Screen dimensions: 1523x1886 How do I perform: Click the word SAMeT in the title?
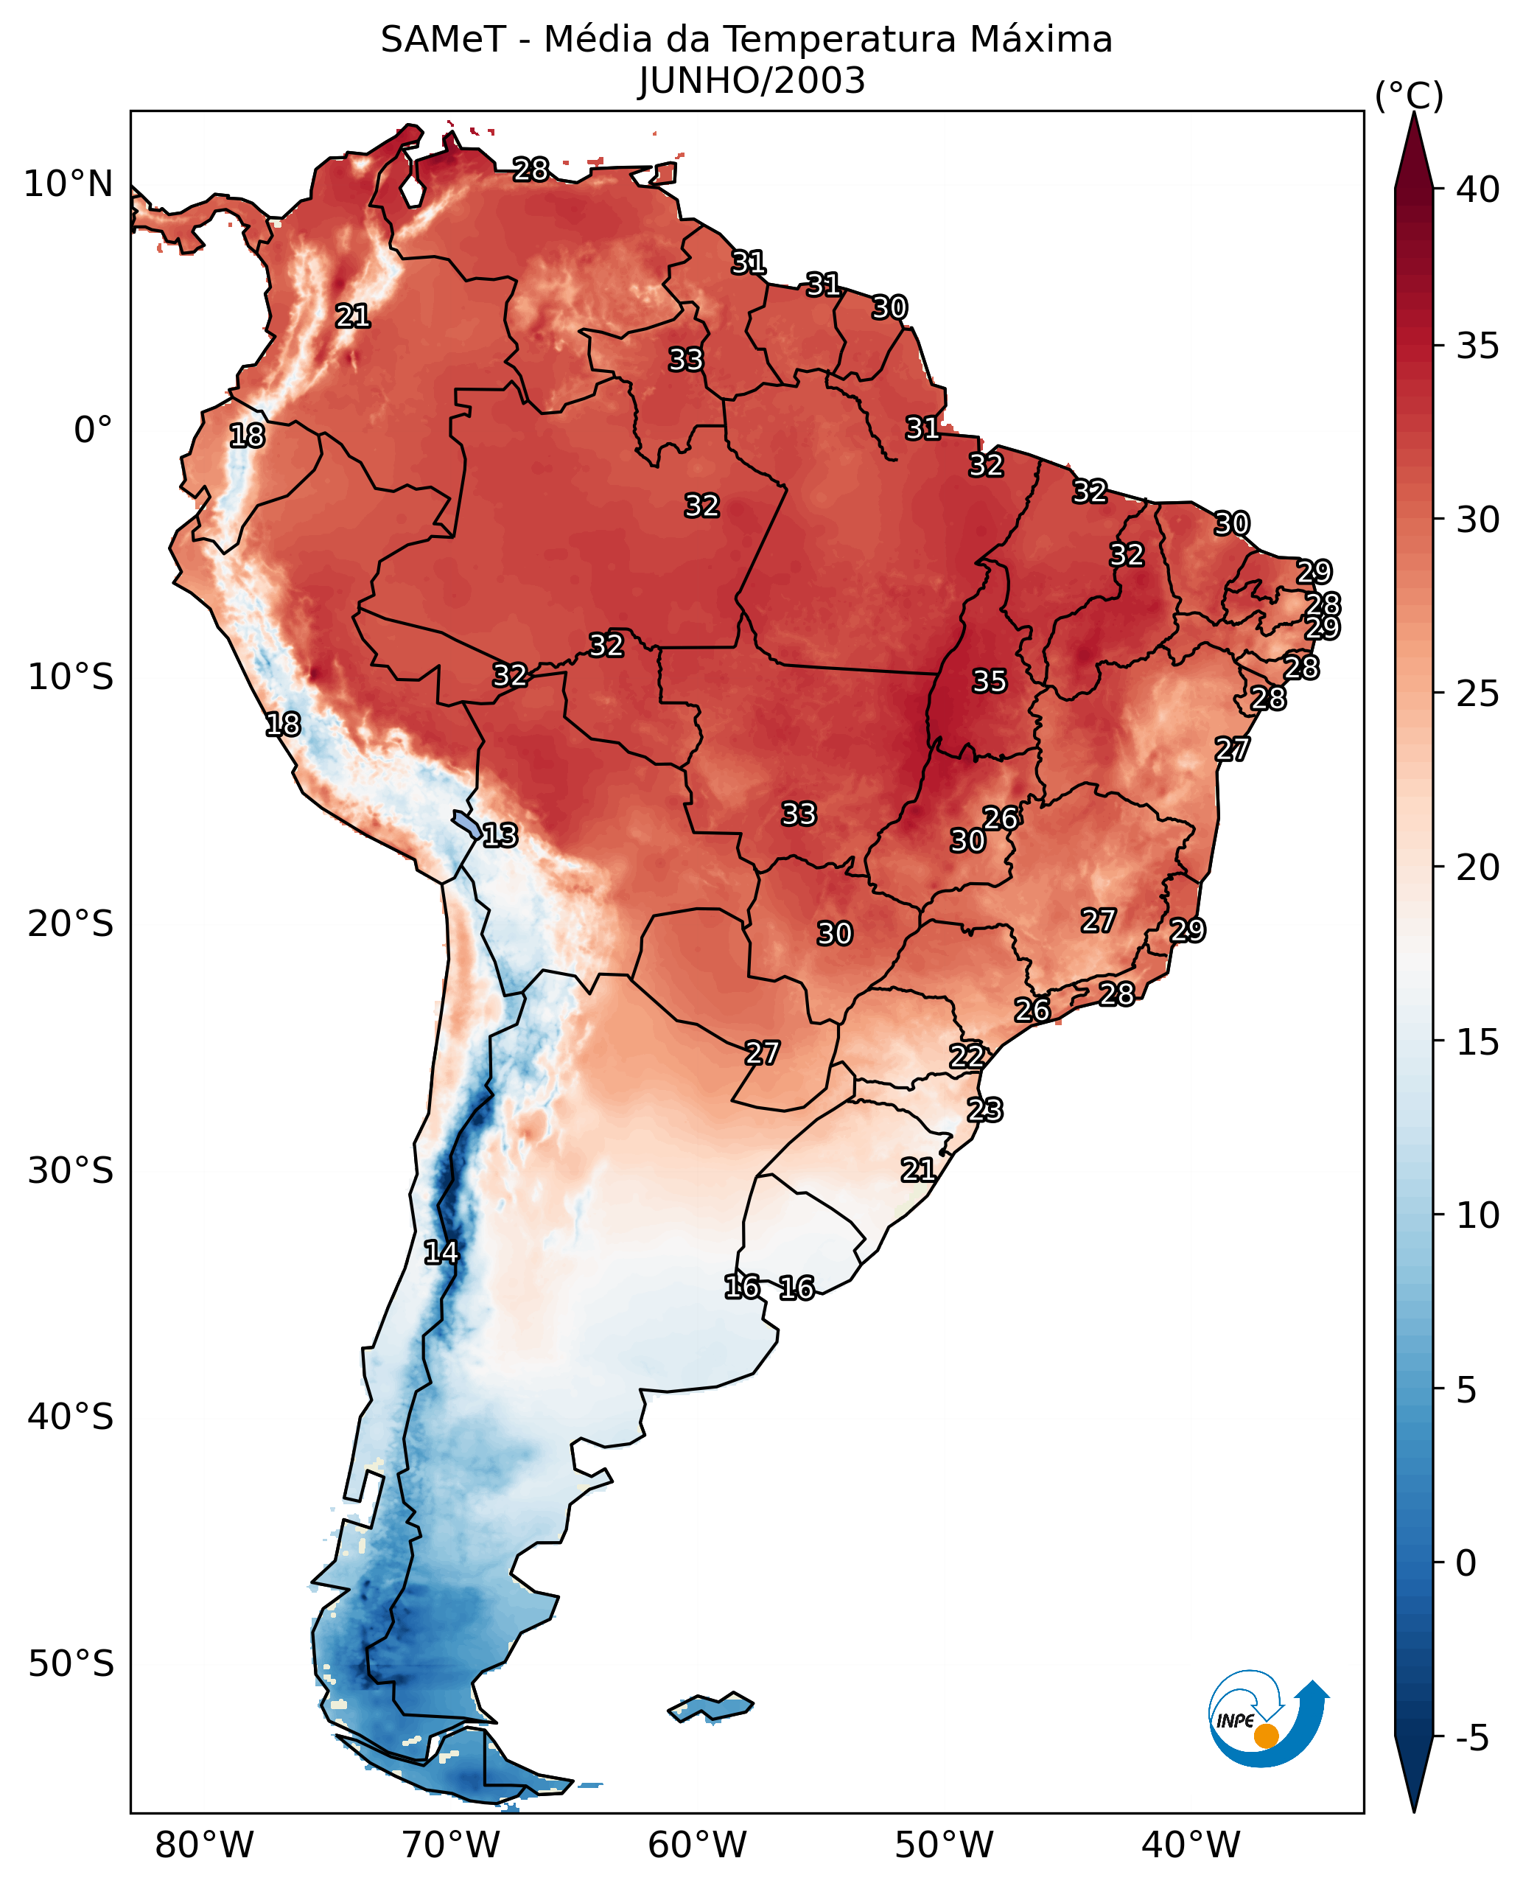pyautogui.click(x=443, y=41)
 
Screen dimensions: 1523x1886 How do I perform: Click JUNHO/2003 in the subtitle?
pyautogui.click(x=752, y=82)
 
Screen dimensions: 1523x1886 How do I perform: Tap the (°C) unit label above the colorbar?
pyautogui.click(x=1409, y=96)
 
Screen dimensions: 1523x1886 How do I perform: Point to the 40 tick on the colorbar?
pyautogui.click(x=1477, y=189)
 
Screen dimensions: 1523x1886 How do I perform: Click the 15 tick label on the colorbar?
pyautogui.click(x=1477, y=1043)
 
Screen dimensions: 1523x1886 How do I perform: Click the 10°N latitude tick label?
pyautogui.click(x=69, y=184)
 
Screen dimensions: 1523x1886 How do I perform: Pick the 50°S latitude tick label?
pyautogui.click(x=70, y=1664)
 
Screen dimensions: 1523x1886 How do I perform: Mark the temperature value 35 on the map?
pyautogui.click(x=990, y=681)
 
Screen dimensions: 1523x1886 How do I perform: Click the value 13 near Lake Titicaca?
pyautogui.click(x=500, y=836)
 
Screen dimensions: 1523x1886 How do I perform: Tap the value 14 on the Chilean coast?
pyautogui.click(x=441, y=1252)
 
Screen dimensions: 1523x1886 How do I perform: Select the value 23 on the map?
pyautogui.click(x=985, y=1110)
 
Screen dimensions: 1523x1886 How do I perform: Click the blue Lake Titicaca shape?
pyautogui.click(x=466, y=824)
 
